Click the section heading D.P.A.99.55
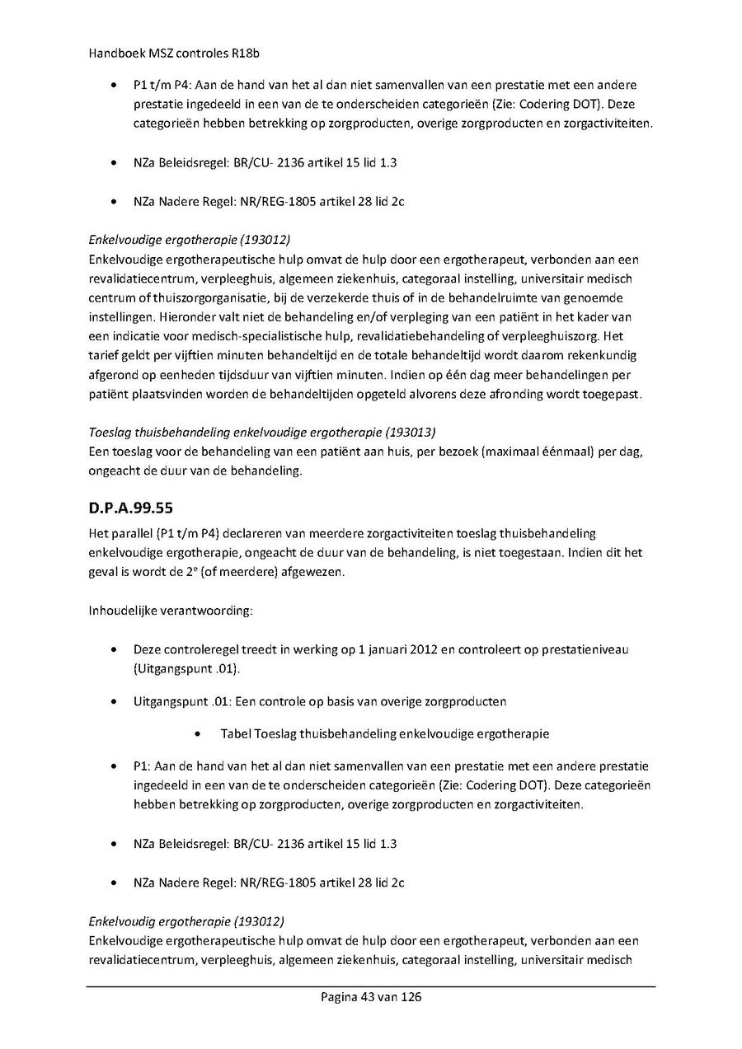pos(129,508)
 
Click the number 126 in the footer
pos(411,997)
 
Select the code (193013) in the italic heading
pos(407,431)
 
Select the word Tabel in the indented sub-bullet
pos(237,733)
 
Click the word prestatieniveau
pos(584,649)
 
